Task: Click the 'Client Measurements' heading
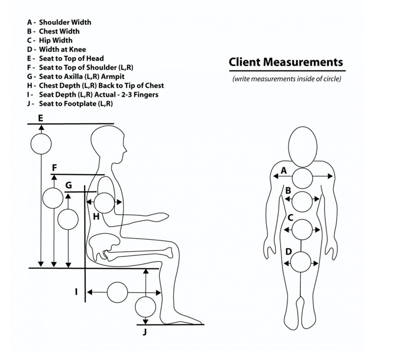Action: click(x=286, y=63)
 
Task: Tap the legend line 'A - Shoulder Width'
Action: click(x=60, y=22)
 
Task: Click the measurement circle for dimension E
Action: click(x=41, y=144)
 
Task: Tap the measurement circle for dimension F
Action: click(x=53, y=198)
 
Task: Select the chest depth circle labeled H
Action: click(x=104, y=202)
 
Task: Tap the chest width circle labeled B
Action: click(x=302, y=201)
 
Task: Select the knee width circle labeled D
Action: click(x=301, y=262)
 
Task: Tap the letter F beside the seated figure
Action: click(x=55, y=167)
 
